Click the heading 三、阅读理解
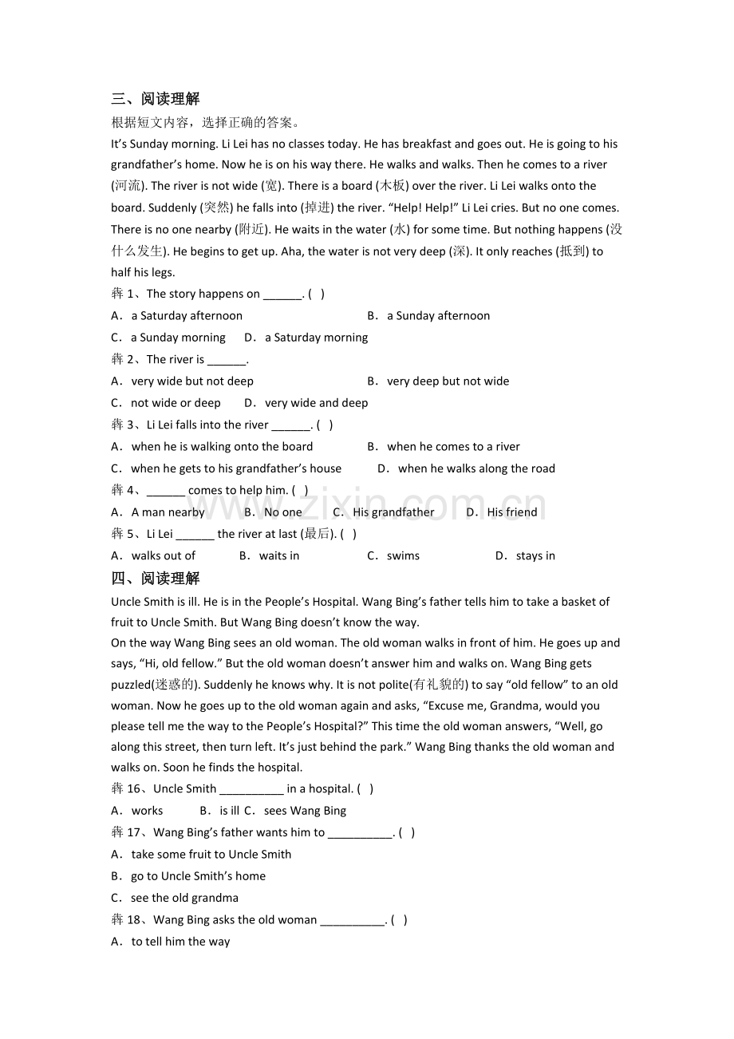(156, 99)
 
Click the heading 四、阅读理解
(156, 579)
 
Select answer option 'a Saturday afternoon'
(187, 316)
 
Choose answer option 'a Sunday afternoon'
(438, 316)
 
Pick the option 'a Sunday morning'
(178, 338)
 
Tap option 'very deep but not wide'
(448, 381)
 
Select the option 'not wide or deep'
(176, 403)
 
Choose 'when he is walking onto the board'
(222, 447)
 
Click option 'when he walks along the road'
(476, 468)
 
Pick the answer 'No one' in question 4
(283, 512)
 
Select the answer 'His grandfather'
(393, 512)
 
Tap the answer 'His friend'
(512, 512)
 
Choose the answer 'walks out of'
(164, 556)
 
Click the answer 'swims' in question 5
(403, 556)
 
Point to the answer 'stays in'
(535, 556)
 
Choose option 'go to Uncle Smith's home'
(198, 876)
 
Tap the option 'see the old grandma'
(184, 898)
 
